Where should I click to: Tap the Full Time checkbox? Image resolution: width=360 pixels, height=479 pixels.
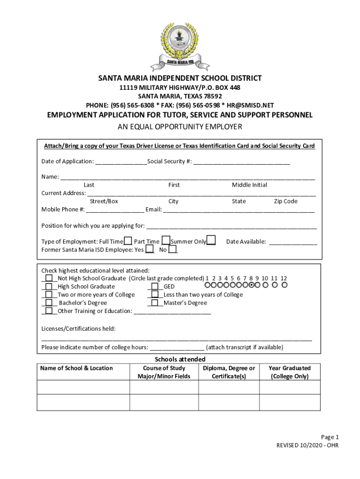pyautogui.click(x=128, y=241)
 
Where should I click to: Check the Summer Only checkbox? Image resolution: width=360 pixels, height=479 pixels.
pyautogui.click(x=211, y=241)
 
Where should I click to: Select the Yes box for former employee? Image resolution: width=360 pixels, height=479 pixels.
pyautogui.click(x=149, y=250)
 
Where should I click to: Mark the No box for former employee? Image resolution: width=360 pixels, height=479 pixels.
pyautogui.click(x=173, y=250)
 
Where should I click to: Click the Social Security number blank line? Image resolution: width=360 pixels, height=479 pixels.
pyautogui.click(x=241, y=162)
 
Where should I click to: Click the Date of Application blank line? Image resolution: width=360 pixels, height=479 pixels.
pyautogui.click(x=121, y=162)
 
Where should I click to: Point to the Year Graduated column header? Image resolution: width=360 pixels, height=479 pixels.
pyautogui.click(x=289, y=372)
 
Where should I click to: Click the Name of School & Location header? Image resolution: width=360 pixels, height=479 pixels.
pyautogui.click(x=76, y=368)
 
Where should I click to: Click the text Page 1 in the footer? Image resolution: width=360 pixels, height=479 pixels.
pyautogui.click(x=329, y=437)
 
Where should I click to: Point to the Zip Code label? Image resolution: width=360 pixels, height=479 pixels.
pyautogui.click(x=286, y=202)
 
